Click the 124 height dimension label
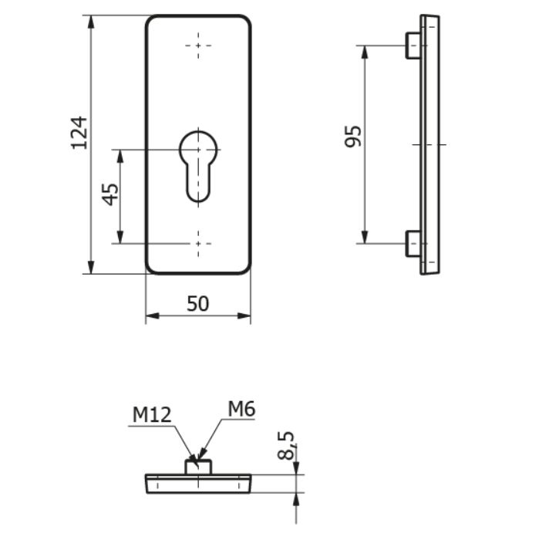tap(79, 133)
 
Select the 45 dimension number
tap(111, 194)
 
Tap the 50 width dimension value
tap(197, 304)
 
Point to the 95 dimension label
tap(353, 137)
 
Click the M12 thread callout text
tap(152, 415)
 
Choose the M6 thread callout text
tap(241, 410)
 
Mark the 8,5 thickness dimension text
tap(286, 445)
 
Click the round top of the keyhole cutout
tap(198, 132)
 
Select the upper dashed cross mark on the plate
tap(198, 46)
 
